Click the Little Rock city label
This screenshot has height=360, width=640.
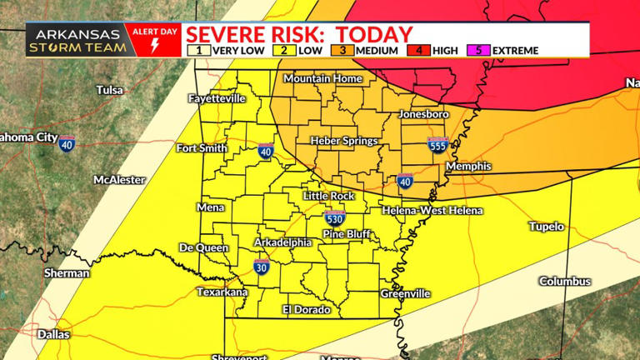point(328,196)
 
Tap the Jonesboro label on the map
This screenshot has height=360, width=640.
point(424,113)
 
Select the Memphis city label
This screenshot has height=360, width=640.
point(468,167)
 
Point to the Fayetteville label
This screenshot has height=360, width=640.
point(217,97)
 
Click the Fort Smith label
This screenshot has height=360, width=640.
point(202,148)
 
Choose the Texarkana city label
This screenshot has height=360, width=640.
point(222,292)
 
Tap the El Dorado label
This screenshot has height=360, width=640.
point(306,309)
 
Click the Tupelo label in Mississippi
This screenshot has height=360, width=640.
point(547,227)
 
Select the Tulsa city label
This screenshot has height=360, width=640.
point(109,90)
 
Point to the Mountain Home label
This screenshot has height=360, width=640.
point(322,78)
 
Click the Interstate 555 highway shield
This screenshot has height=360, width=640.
point(437,144)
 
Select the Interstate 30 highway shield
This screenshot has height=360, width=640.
point(261,267)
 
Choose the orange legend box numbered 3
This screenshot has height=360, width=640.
point(342,50)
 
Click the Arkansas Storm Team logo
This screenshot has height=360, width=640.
point(77,40)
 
